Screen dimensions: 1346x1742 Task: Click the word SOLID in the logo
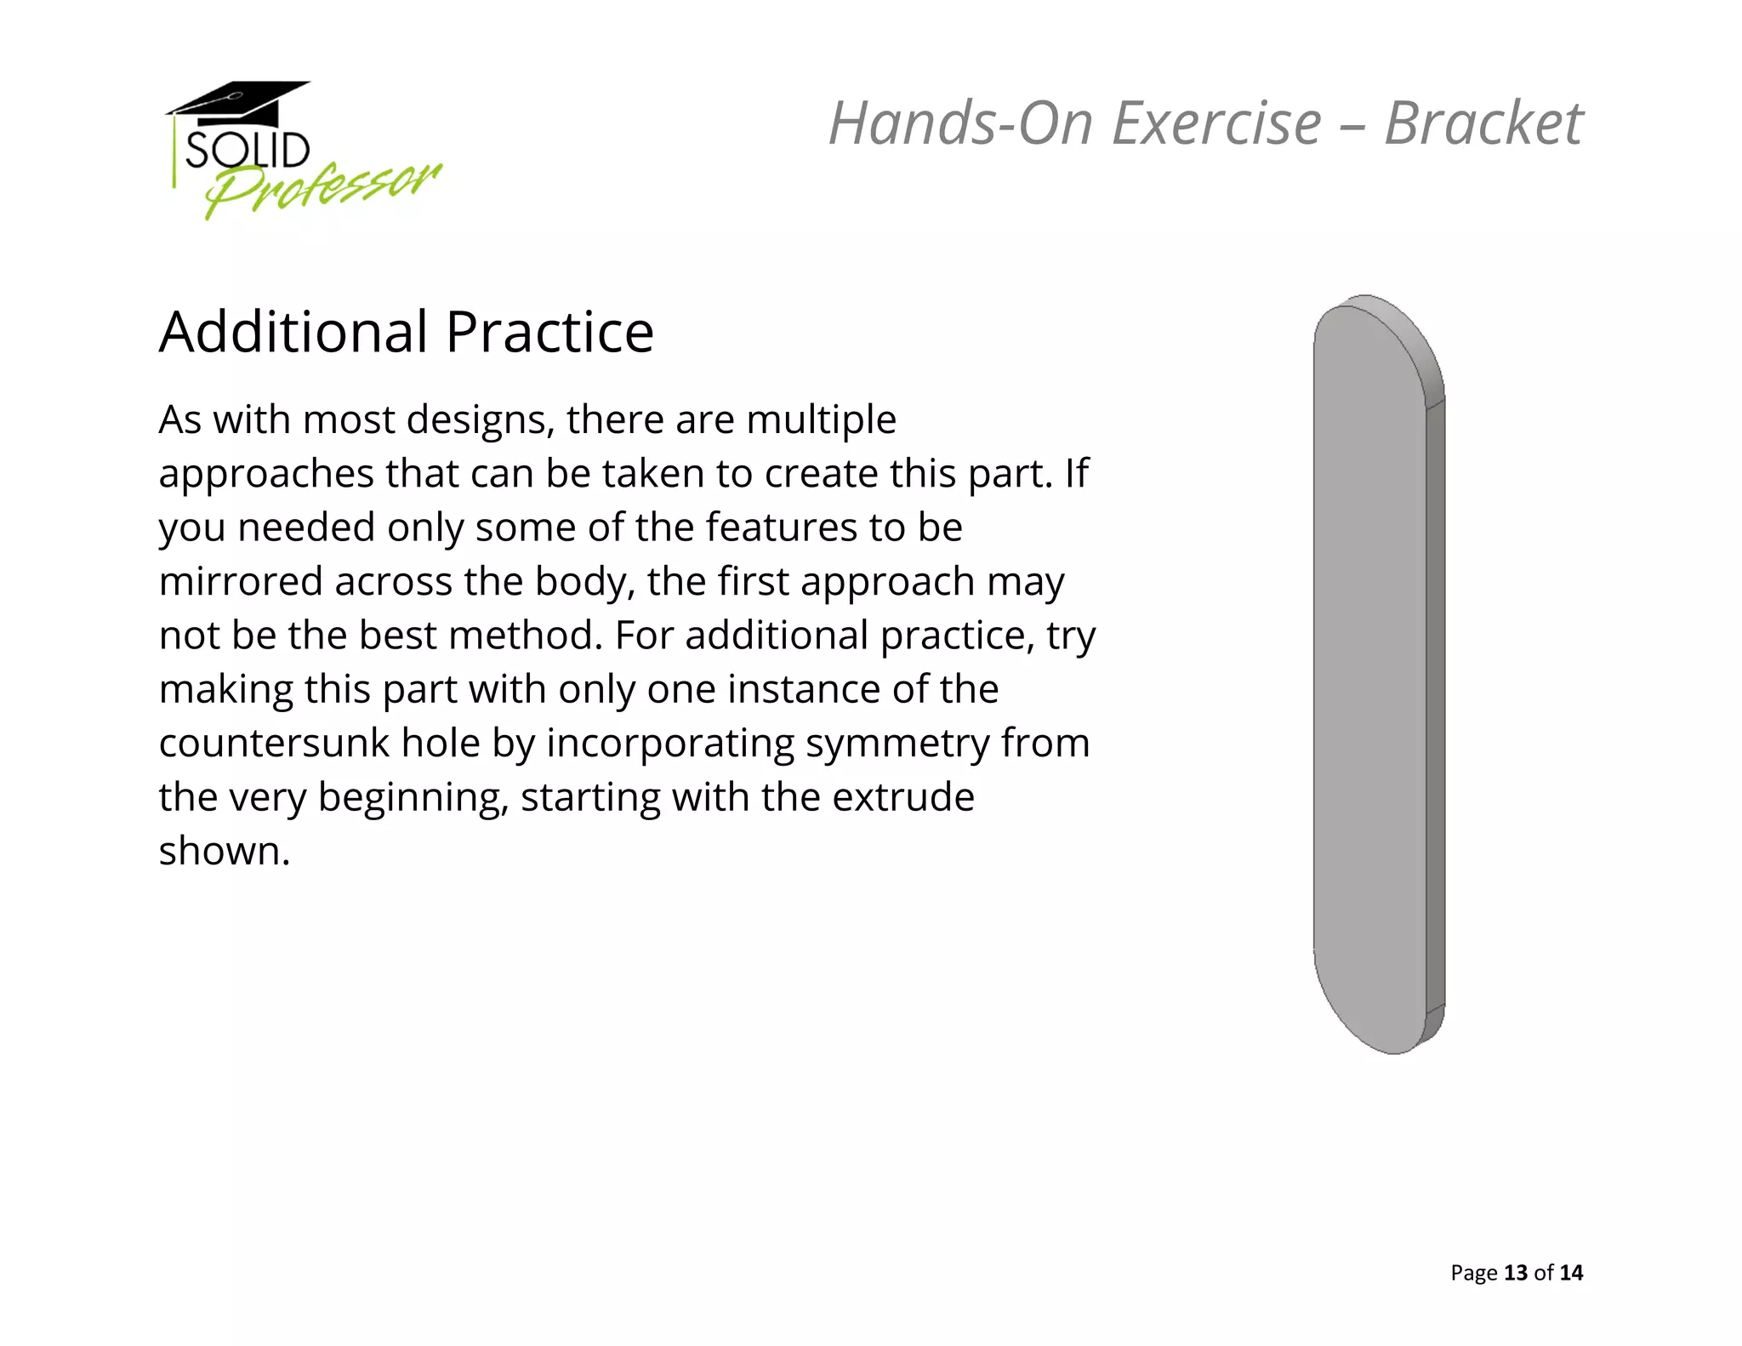pyautogui.click(x=247, y=151)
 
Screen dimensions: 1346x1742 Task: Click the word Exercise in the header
pyautogui.click(x=1216, y=123)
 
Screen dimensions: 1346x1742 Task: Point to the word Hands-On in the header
pyautogui.click(x=961, y=123)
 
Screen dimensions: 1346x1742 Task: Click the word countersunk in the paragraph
pyautogui.click(x=273, y=743)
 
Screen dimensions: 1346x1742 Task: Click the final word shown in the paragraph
pyautogui.click(x=224, y=851)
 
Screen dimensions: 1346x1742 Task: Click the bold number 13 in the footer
pyautogui.click(x=1516, y=1273)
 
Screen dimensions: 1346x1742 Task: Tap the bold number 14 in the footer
pyautogui.click(x=1571, y=1273)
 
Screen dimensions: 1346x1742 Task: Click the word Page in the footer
pyautogui.click(x=1473, y=1273)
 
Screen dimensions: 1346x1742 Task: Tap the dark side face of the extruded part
pyautogui.click(x=1435, y=706)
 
